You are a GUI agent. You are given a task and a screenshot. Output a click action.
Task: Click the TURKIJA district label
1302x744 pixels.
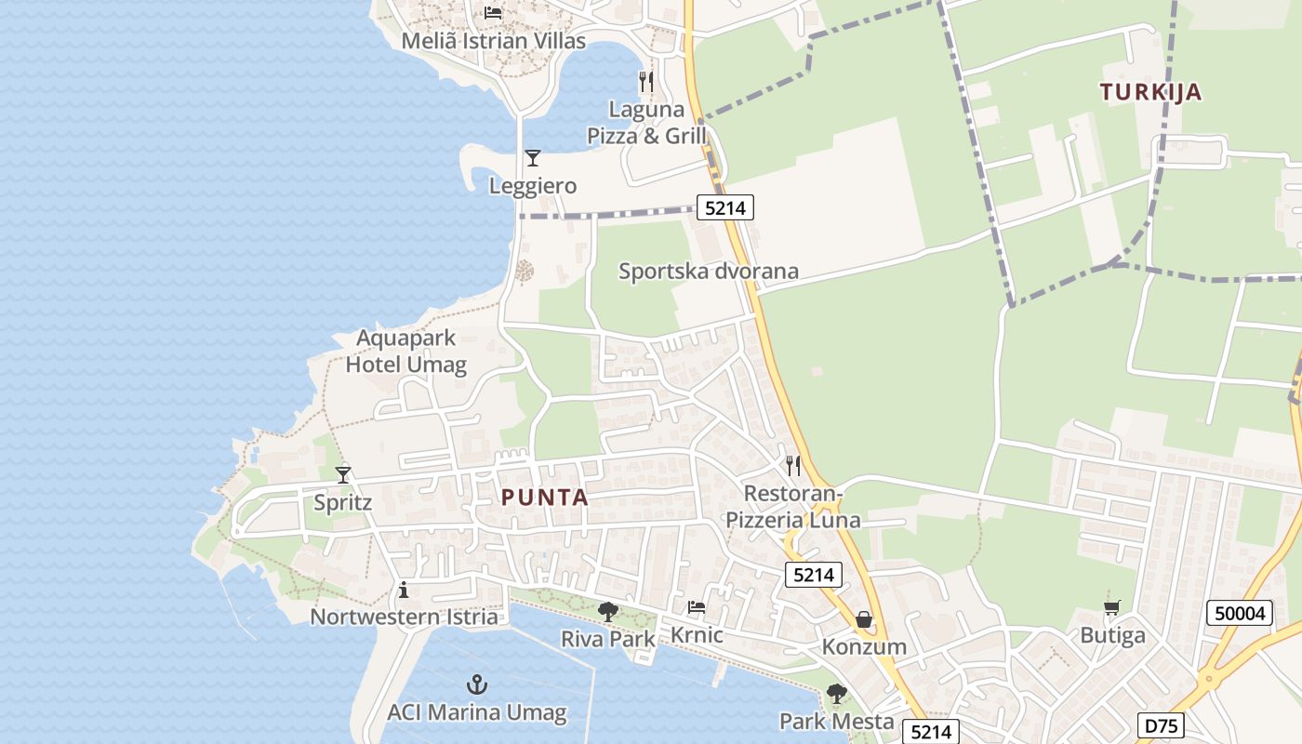(x=1150, y=92)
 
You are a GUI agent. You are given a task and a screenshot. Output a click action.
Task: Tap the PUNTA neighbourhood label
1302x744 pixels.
(x=545, y=498)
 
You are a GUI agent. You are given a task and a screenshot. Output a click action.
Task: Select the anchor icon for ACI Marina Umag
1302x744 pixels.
(x=476, y=685)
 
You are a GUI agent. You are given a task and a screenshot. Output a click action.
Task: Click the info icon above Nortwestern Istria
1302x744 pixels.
(x=404, y=590)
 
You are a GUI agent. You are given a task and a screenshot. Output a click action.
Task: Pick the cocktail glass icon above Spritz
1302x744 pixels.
(x=343, y=475)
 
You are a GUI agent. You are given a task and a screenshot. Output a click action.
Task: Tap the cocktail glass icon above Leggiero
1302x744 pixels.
(x=532, y=158)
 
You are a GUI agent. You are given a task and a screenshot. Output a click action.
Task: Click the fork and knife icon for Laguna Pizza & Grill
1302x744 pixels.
(x=646, y=82)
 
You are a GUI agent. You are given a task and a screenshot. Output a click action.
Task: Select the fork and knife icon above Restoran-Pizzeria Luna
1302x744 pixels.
(x=792, y=465)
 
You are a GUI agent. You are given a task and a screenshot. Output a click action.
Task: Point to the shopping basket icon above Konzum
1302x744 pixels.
(x=864, y=619)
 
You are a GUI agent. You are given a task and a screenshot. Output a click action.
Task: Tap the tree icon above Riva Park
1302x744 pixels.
(x=608, y=612)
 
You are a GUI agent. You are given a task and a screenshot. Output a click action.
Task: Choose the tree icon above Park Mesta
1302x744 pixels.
(x=837, y=694)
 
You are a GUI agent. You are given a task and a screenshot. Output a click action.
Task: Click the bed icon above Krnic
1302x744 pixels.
(x=696, y=608)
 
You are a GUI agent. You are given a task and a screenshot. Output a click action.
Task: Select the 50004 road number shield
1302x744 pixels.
(x=1240, y=614)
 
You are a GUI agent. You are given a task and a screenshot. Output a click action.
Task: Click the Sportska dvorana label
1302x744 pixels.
(x=709, y=272)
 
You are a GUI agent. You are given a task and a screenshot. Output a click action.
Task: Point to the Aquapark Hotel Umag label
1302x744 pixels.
(x=406, y=351)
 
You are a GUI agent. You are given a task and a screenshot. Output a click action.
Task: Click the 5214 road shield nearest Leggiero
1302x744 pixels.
(x=724, y=208)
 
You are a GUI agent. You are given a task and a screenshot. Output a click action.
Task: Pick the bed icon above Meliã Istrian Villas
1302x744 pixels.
(x=493, y=13)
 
